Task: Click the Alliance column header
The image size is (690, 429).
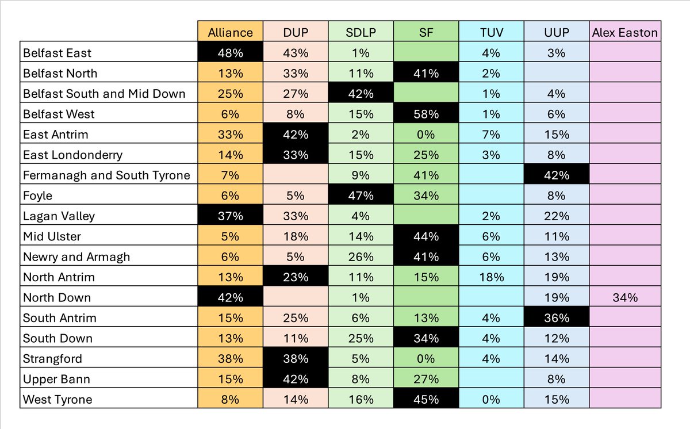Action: coord(230,32)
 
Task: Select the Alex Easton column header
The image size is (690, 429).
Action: coord(624,32)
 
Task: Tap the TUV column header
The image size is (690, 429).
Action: coord(491,32)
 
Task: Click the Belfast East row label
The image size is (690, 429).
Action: coord(57,53)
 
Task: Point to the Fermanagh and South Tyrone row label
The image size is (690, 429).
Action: coord(106,175)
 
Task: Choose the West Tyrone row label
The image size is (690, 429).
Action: coord(57,399)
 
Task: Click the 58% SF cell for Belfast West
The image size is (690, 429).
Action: coord(426,114)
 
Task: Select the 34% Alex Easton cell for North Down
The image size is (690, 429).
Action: coord(624,297)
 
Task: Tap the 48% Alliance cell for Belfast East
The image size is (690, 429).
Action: coord(230,53)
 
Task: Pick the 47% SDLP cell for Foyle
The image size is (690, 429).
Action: coord(361,196)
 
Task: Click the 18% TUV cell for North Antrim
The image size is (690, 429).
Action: coord(491,277)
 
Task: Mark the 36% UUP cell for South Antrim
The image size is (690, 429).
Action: coord(557,318)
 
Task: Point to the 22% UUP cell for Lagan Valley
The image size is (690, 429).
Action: coord(557,216)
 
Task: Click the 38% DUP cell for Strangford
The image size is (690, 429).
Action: coord(295,359)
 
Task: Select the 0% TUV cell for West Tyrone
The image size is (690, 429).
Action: coord(491,399)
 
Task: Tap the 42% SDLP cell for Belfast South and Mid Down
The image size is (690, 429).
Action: coord(361,94)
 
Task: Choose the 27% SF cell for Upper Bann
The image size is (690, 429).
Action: coord(426,379)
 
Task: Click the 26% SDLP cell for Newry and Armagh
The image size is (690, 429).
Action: coord(361,256)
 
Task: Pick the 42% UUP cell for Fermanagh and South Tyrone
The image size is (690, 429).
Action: coord(557,175)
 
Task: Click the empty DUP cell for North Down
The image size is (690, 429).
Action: coord(295,297)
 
